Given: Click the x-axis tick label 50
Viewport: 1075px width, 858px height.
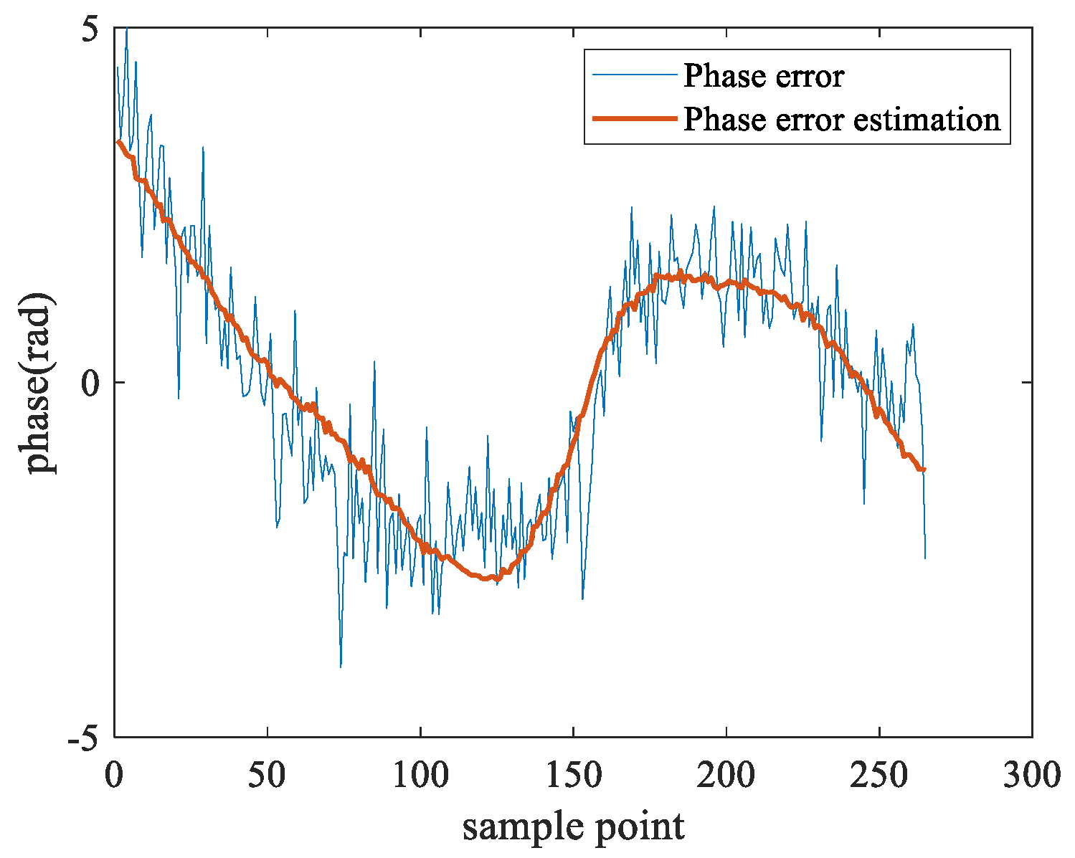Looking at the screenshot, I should [267, 775].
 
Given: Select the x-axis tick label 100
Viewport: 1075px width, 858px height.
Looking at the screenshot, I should [420, 775].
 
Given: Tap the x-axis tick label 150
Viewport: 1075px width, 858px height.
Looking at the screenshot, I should [573, 775].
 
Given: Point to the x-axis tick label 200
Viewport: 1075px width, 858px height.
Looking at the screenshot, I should [726, 775].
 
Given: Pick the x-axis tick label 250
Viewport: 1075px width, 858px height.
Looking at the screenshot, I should [879, 775].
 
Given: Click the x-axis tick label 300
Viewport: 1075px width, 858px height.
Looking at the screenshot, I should [1032, 775].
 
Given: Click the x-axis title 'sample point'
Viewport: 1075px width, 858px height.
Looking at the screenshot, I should [573, 826].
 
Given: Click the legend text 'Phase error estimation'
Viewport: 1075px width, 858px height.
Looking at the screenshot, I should [841, 119].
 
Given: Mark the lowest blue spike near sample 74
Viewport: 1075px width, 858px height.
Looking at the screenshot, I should [341, 667].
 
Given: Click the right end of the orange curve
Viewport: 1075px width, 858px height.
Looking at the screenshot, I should [924, 469].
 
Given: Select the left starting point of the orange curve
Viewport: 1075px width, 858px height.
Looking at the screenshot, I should [118, 142].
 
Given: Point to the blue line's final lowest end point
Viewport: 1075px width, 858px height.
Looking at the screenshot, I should [925, 558].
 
